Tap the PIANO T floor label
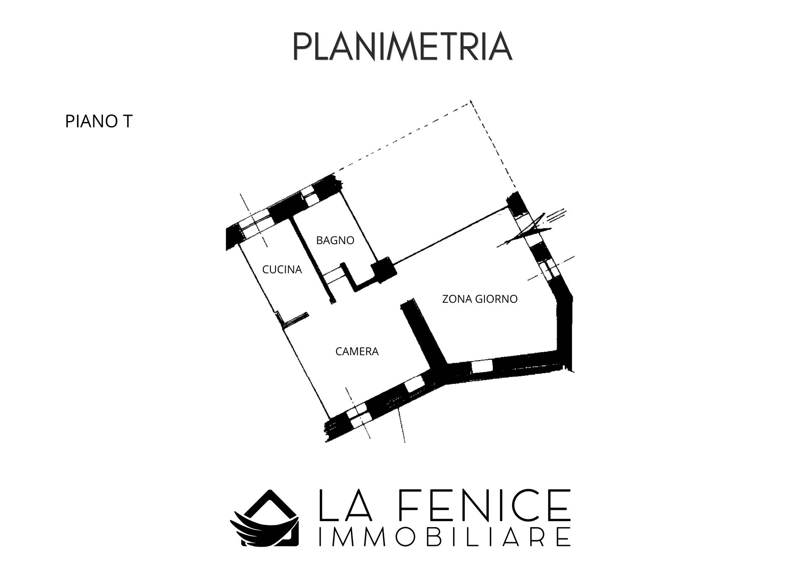click(99, 122)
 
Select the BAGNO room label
click(335, 240)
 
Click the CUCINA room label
click(282, 270)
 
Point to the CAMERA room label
click(357, 351)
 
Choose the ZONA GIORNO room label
click(480, 299)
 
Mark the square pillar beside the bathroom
click(384, 270)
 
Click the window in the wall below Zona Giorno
click(482, 366)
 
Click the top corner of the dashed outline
click(471, 101)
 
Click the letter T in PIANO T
click(127, 122)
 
